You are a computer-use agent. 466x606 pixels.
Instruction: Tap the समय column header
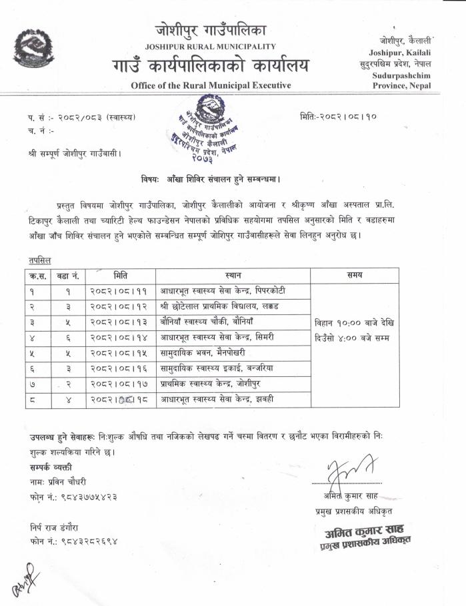(354, 274)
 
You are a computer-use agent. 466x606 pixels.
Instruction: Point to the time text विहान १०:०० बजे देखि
(354, 322)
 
